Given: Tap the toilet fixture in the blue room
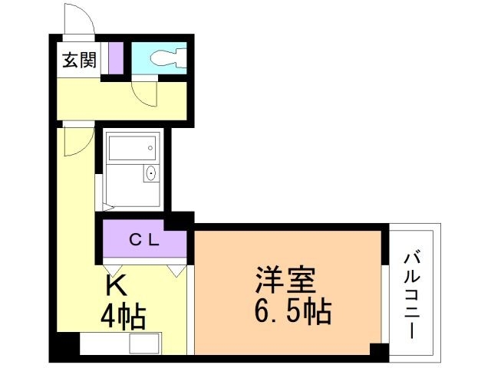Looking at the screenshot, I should click(x=166, y=58).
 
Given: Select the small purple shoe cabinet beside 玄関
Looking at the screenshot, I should click(x=115, y=58).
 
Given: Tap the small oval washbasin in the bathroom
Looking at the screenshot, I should click(x=150, y=174).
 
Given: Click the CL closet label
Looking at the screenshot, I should click(x=143, y=240).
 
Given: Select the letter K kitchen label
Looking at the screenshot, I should click(x=116, y=286).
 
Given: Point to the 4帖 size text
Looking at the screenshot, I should click(x=123, y=315).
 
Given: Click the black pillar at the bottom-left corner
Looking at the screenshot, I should click(x=66, y=344).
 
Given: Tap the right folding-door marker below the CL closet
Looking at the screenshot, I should click(x=176, y=270).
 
